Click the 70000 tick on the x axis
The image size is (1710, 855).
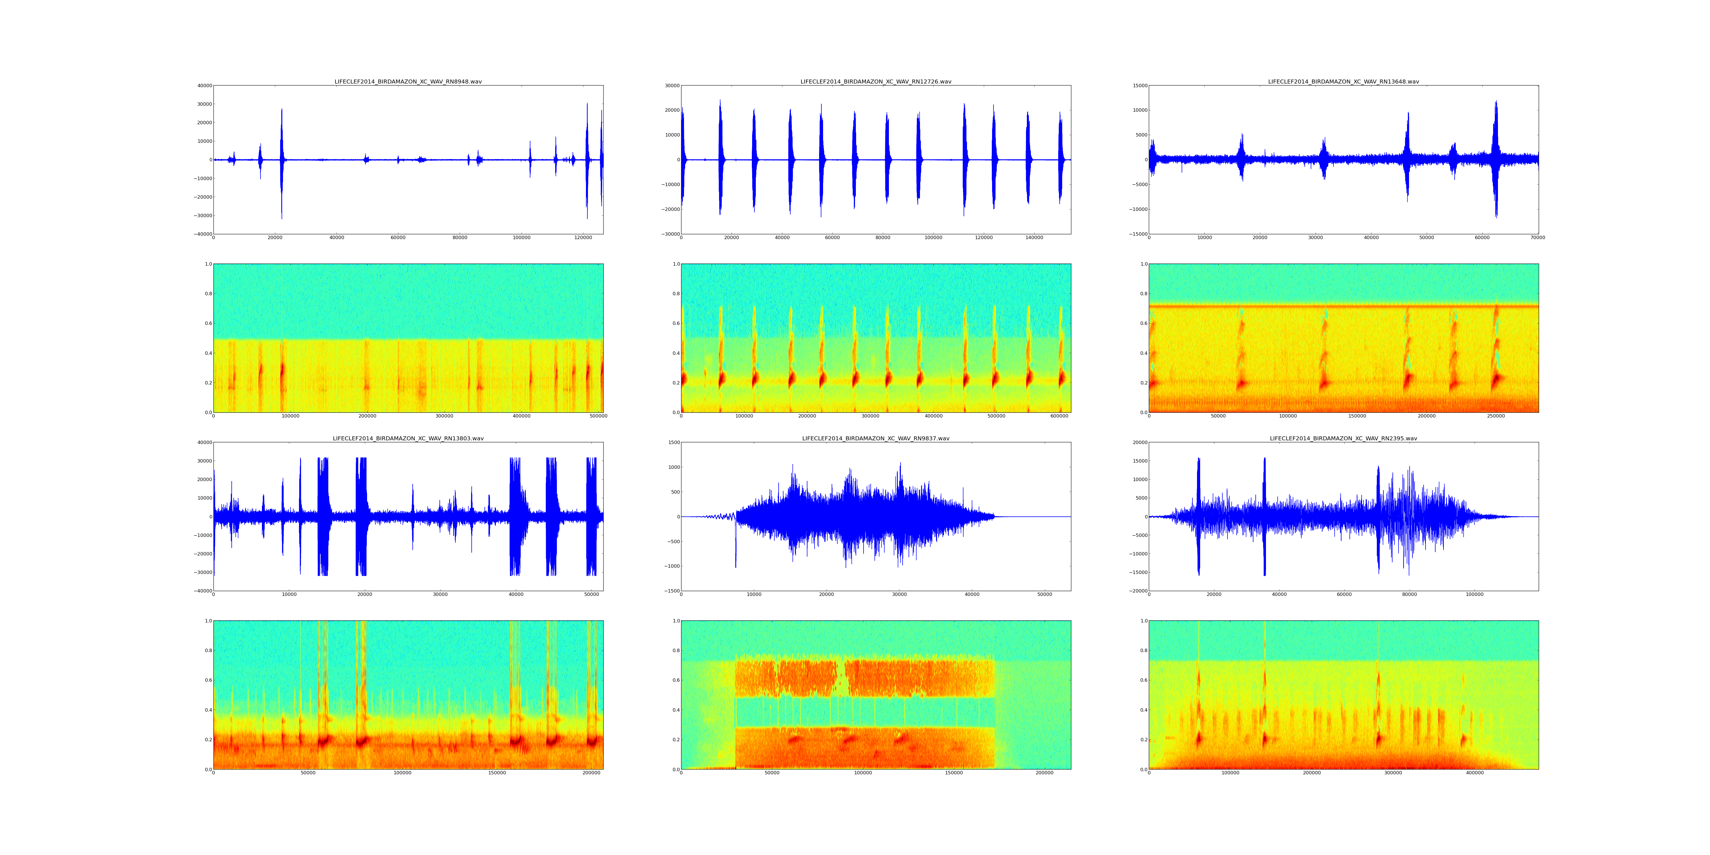pos(1537,238)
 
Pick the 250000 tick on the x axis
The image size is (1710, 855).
pos(1496,416)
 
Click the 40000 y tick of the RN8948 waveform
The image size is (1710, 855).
pos(204,85)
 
